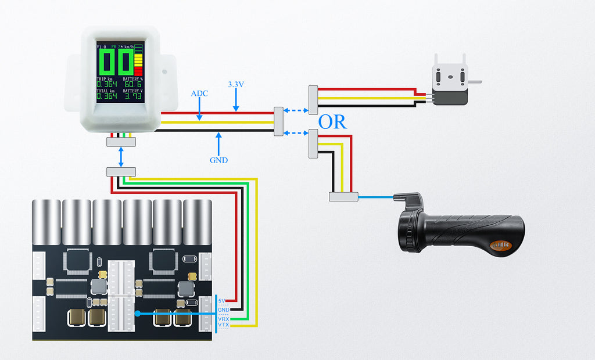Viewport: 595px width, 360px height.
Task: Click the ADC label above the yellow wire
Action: click(x=199, y=93)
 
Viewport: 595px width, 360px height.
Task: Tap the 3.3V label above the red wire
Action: click(x=236, y=84)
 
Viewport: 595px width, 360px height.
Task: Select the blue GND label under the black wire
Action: click(x=219, y=160)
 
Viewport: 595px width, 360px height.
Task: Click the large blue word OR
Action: click(x=332, y=122)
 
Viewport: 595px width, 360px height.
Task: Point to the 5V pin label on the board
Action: click(x=223, y=301)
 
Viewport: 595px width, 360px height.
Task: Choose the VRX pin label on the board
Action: click(x=223, y=319)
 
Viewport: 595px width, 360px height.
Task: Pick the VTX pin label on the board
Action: click(x=223, y=326)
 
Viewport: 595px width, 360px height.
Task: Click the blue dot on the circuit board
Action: click(x=137, y=313)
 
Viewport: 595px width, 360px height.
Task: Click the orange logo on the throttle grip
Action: click(x=500, y=245)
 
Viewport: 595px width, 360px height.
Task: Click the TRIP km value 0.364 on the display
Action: click(x=106, y=85)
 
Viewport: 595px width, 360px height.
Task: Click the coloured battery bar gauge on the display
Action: click(x=138, y=60)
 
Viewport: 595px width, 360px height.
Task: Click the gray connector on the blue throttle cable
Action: click(x=343, y=197)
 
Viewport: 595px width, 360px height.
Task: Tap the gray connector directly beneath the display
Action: click(x=121, y=142)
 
